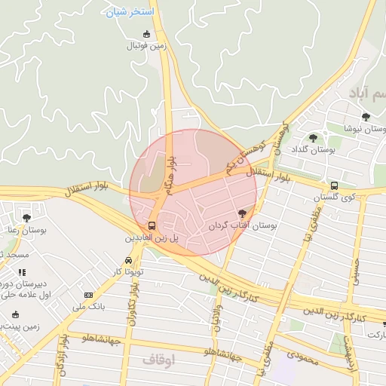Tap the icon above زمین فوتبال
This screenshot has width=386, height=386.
point(146,34)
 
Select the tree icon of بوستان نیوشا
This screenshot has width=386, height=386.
point(366,117)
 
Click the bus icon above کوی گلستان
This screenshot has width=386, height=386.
point(334,185)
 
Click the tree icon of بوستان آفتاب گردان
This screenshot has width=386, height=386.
point(242,214)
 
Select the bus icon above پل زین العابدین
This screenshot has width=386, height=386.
point(152,225)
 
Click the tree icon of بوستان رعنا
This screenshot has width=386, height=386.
point(26,219)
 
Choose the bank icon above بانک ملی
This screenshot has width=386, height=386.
point(89,295)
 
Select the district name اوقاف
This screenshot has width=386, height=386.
point(158,360)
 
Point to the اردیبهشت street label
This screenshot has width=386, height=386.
point(348,353)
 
